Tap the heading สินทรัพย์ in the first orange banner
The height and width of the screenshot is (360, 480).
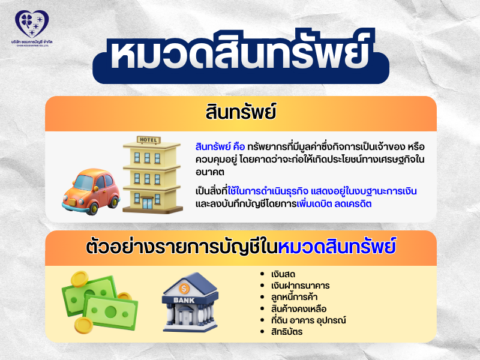pyautogui.click(x=240, y=113)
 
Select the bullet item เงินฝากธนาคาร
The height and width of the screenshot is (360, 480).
pyautogui.click(x=300, y=286)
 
